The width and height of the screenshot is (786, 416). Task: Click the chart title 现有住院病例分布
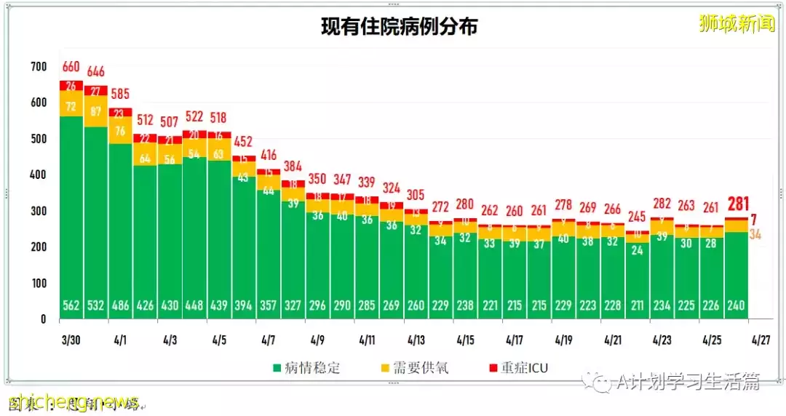pos(400,28)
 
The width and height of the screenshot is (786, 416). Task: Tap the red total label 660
pos(70,67)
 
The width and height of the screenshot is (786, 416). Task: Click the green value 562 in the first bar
pos(70,305)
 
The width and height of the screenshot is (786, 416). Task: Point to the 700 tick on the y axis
pos(39,67)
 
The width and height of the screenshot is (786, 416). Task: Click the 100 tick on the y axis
pos(39,283)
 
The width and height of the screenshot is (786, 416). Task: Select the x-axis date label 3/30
pos(70,340)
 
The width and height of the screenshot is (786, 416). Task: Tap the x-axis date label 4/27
pos(761,340)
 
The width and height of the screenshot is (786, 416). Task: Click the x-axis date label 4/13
pos(416,340)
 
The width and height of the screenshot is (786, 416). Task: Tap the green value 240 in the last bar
pos(736,305)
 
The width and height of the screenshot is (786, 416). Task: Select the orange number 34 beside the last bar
pos(755,234)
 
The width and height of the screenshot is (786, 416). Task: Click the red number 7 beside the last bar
pos(754,219)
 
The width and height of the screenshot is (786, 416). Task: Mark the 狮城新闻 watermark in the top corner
pos(737,24)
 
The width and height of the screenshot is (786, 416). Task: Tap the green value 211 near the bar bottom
pos(637,305)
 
